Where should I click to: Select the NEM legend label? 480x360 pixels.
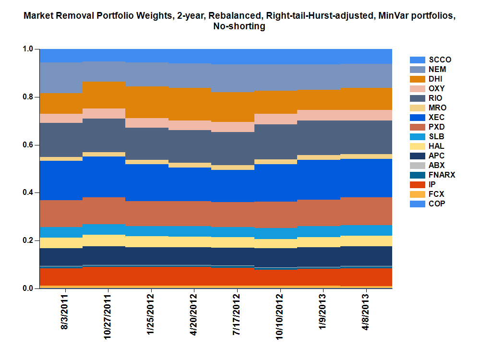(x=437, y=70)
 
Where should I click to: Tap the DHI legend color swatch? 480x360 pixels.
(x=418, y=79)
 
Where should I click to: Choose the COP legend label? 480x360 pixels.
(x=436, y=204)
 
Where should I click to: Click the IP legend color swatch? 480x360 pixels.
(x=418, y=185)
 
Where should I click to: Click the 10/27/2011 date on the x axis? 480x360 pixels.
(x=108, y=314)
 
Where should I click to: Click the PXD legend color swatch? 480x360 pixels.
(x=418, y=127)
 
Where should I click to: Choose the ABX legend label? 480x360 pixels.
(x=436, y=166)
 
